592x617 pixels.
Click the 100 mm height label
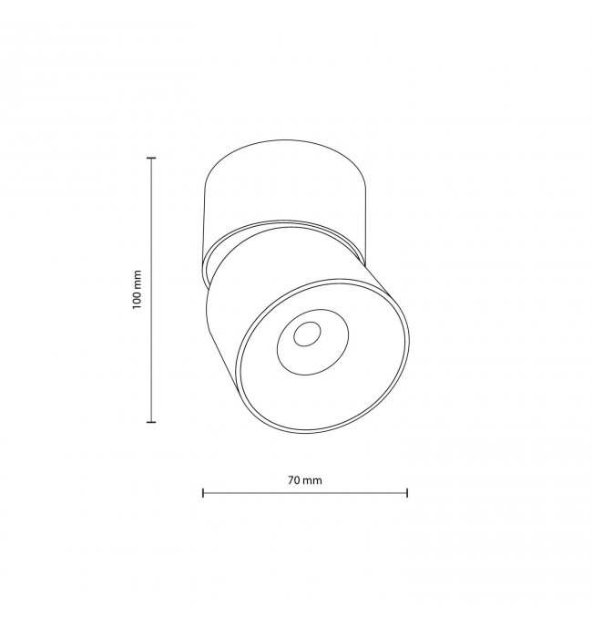(x=137, y=289)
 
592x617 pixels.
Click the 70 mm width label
(x=305, y=480)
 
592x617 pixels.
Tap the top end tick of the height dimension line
(x=151, y=158)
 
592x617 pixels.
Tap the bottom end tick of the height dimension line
(x=151, y=422)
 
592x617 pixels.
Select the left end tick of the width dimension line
(x=203, y=493)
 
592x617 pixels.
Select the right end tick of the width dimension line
(x=407, y=493)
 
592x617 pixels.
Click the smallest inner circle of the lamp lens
(x=307, y=334)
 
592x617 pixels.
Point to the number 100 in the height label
(x=137, y=301)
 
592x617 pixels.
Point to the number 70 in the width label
(x=293, y=480)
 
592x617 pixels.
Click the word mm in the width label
(x=312, y=481)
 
